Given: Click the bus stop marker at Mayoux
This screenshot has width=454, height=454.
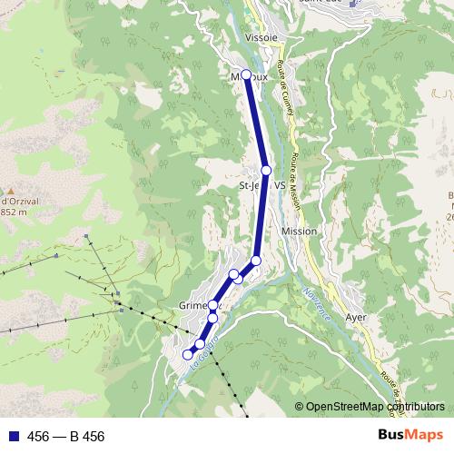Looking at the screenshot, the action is [246, 74].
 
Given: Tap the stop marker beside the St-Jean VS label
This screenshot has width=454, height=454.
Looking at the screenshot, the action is [266, 170].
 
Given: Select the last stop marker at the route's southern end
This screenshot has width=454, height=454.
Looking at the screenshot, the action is [189, 354].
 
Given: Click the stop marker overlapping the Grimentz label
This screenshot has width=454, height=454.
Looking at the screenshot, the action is [213, 305].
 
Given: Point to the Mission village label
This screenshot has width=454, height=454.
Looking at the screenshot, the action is [300, 232].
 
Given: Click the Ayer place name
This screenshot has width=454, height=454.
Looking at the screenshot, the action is [356, 317].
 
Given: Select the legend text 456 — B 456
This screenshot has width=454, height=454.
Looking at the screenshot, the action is [65, 437].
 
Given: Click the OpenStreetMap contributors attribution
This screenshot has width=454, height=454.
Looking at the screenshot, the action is [374, 407].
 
